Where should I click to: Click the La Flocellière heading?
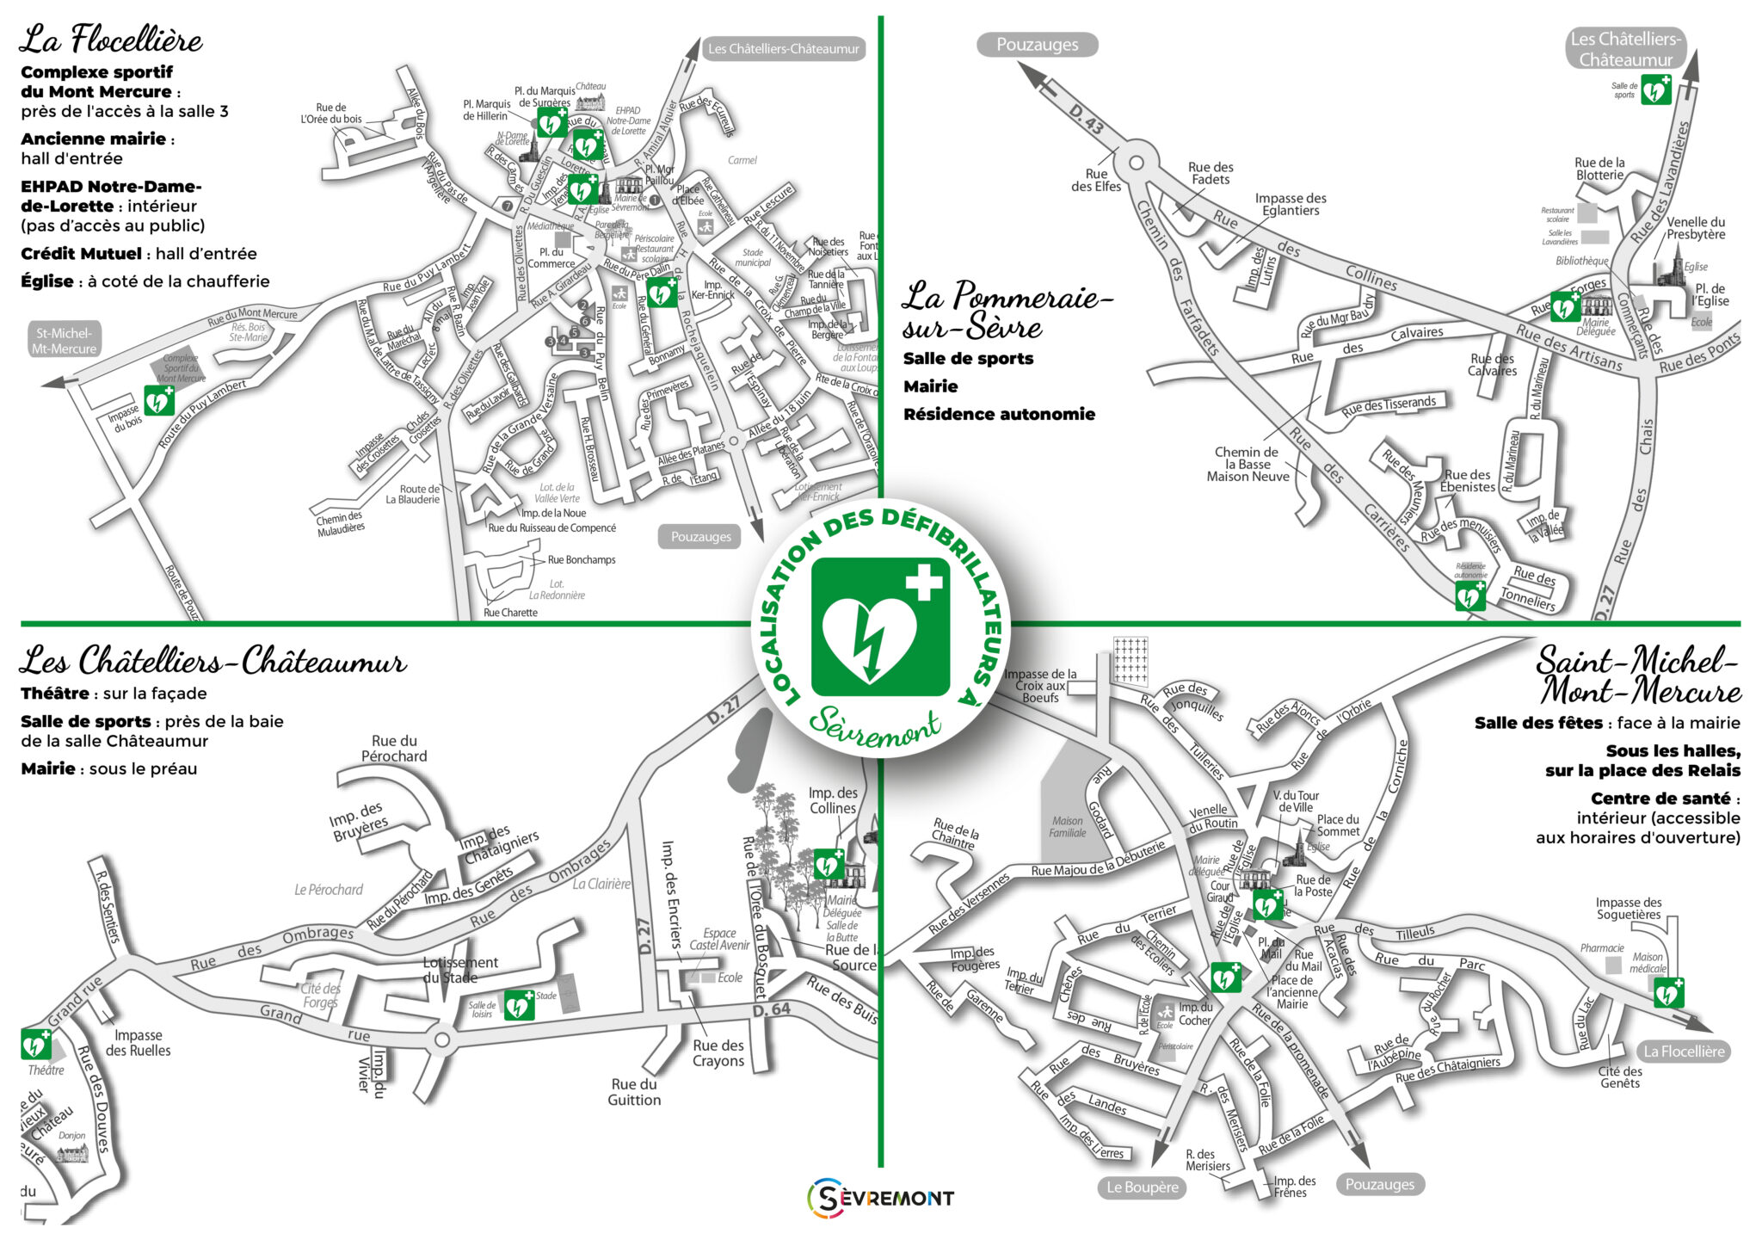[x=111, y=40]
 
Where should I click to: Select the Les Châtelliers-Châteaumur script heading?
[x=213, y=662]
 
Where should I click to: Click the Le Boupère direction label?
[x=1142, y=1187]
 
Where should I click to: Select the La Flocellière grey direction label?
[x=1684, y=1052]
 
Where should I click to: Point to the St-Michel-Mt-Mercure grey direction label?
[x=65, y=341]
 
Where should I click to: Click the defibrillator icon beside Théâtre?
[x=36, y=1045]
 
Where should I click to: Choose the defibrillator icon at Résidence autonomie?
[x=1470, y=595]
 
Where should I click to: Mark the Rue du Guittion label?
[x=634, y=1092]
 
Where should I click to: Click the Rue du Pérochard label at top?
[x=394, y=749]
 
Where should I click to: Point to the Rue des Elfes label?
[x=1095, y=180]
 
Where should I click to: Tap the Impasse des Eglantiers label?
[x=1290, y=204]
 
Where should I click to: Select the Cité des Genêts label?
[x=1620, y=1077]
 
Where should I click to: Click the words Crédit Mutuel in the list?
[x=81, y=254]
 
